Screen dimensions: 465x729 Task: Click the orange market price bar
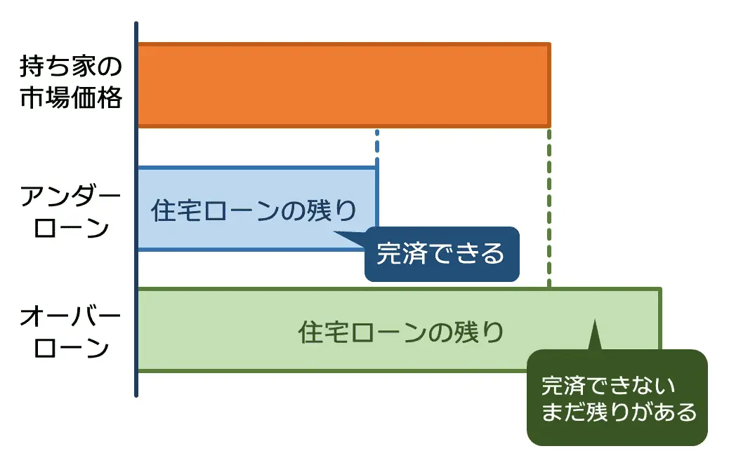[x=343, y=85]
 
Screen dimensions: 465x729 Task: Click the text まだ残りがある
[x=619, y=412]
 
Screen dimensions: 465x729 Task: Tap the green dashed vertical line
[x=549, y=210]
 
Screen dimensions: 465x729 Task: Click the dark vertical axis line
[x=136, y=210]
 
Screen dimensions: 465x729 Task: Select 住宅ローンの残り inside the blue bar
[x=254, y=210]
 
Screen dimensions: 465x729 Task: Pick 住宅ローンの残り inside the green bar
[x=401, y=331]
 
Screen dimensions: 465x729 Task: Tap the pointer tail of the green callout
[x=594, y=337]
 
